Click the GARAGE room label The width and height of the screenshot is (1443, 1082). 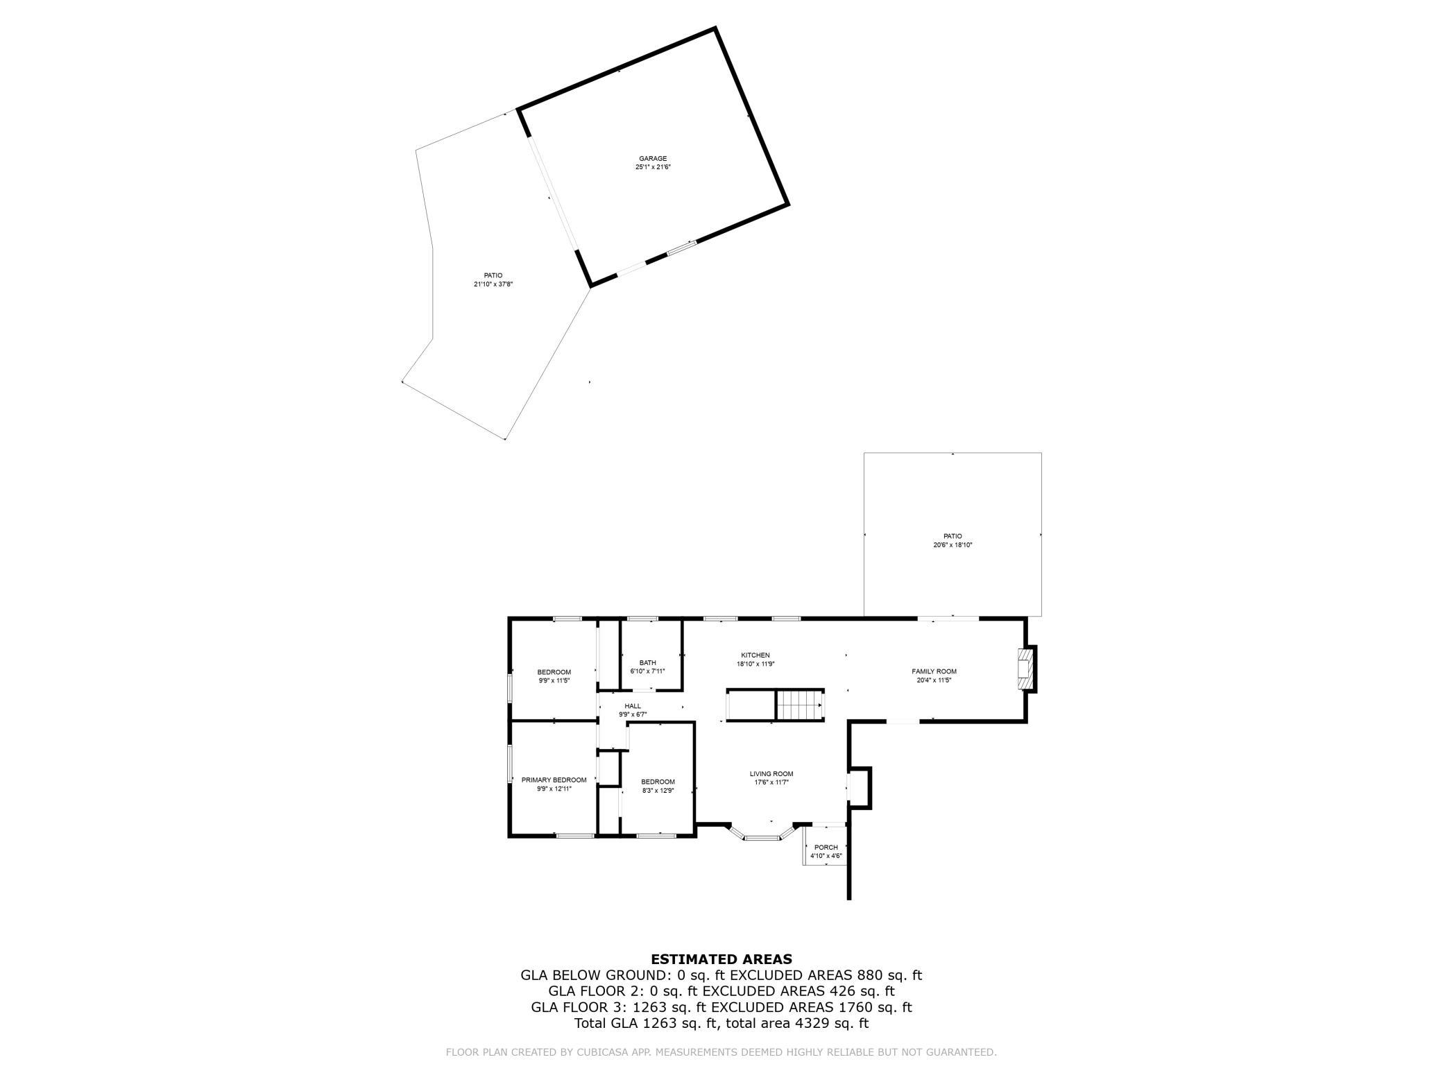tap(653, 159)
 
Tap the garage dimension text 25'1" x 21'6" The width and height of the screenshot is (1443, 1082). tap(653, 167)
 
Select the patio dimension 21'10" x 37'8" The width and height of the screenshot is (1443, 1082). tap(493, 284)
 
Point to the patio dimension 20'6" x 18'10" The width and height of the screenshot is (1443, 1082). tap(953, 545)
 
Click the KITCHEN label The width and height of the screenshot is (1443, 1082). tap(755, 655)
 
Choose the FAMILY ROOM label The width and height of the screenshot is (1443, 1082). tap(934, 671)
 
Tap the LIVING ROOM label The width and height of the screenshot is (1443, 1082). tap(771, 774)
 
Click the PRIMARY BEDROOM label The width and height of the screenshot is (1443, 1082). tap(554, 780)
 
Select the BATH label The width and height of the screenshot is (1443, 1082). tap(648, 663)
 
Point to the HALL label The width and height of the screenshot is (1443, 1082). tap(633, 706)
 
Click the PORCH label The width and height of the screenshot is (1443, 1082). tap(826, 848)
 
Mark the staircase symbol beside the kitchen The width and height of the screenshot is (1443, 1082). tap(799, 706)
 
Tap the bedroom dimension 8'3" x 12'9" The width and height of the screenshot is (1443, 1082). tap(658, 791)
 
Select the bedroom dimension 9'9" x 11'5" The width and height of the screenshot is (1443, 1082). tap(554, 680)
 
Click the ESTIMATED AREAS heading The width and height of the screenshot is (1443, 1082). tap(721, 960)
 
